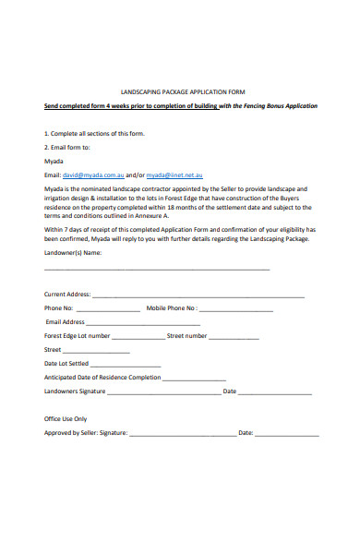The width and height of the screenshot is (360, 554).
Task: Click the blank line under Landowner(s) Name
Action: tap(157, 269)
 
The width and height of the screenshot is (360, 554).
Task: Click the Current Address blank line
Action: tap(198, 295)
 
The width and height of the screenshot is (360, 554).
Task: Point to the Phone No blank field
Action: tap(108, 309)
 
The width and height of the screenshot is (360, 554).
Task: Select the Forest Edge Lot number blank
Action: tap(138, 337)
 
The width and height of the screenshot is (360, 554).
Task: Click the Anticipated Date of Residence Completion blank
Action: tap(194, 379)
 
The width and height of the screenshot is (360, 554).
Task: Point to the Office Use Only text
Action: tap(66, 418)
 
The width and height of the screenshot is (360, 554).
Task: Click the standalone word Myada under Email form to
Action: tap(54, 160)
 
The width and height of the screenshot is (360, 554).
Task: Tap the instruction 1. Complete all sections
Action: tap(94, 133)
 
